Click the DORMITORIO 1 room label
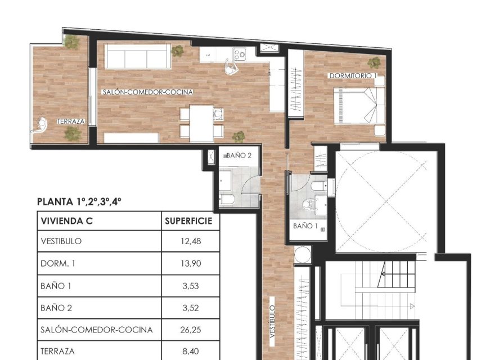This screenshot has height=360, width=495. pos(353,75)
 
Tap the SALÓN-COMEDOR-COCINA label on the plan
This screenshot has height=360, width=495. pos(148,92)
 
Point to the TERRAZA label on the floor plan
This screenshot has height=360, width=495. pos(71,121)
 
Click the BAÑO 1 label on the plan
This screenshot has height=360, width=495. pos(306,226)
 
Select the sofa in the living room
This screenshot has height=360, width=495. pos(136,57)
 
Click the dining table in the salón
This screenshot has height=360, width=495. pos(201,123)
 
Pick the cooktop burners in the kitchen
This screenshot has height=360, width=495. pos(240,55)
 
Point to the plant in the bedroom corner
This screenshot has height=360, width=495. pos(374,62)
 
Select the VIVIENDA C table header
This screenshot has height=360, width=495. pos(66,221)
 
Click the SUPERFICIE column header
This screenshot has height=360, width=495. pos(188,221)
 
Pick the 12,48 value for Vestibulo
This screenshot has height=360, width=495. pos(190,241)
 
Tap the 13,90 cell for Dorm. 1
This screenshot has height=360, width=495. pos(190,263)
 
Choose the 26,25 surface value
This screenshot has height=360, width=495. pos(190,330)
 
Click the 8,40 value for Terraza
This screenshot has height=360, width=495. pos(190,351)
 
